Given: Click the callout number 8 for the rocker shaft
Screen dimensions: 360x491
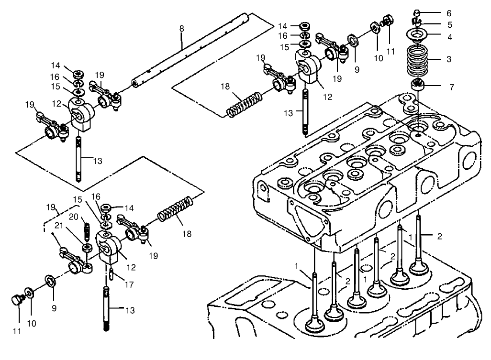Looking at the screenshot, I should pos(181,29).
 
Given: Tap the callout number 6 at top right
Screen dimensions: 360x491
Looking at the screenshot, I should pos(448,13).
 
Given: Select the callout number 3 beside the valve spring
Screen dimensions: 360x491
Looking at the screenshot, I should pos(448,59).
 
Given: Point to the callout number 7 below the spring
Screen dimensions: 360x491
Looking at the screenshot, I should pos(451,87).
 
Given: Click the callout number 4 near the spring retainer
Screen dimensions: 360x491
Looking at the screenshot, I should pos(448,36).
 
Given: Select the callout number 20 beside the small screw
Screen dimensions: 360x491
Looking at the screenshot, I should pos(73,217).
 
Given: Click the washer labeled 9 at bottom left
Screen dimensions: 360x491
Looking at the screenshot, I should pos(50,280).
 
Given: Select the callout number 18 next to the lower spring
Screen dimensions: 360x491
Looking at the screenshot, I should pos(187,234).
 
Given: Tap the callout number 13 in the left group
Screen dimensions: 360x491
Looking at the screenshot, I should pos(98,161).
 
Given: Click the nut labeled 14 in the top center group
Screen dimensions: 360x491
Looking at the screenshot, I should pos(304,26).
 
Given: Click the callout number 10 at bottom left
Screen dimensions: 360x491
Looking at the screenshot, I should pos(31,324).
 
